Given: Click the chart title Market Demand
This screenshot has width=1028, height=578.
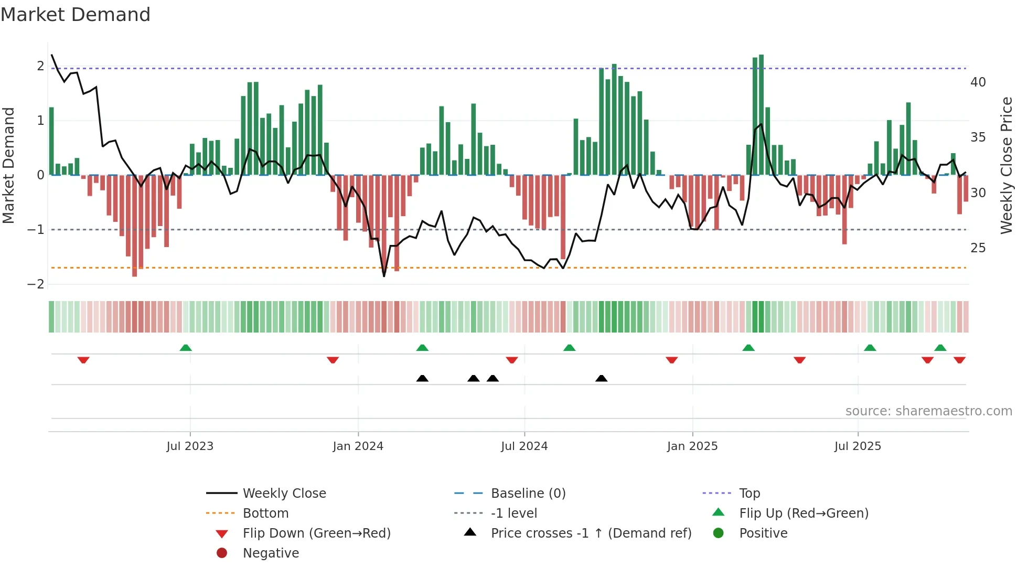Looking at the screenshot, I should (x=76, y=15).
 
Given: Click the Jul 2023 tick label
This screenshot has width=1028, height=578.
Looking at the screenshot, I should (x=190, y=446).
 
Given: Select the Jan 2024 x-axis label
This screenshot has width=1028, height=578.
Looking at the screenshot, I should (x=358, y=446).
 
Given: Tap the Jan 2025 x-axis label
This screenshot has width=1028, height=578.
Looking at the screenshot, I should (x=692, y=446).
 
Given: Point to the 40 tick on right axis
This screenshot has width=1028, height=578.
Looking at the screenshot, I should (x=978, y=82).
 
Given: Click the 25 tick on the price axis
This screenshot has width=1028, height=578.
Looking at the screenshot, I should (x=978, y=248).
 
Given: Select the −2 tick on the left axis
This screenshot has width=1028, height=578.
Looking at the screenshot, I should (x=36, y=284).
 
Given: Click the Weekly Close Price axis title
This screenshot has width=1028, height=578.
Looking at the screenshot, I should (x=1006, y=165).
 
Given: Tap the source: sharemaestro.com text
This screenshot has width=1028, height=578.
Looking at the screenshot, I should (x=928, y=411).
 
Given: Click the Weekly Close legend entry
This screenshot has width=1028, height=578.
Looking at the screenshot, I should (x=284, y=494).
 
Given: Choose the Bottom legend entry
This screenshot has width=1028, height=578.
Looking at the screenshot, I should (x=265, y=513).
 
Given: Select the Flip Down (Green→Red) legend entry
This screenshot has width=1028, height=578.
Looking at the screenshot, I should (x=316, y=533).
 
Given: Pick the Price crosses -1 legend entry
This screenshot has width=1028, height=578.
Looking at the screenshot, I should (x=591, y=533).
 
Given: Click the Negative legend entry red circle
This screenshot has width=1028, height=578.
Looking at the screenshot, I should (x=222, y=553).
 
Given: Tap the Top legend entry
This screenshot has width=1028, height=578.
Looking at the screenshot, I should (x=749, y=494).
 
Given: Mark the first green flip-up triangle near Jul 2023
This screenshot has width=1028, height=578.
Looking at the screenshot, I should (x=186, y=348).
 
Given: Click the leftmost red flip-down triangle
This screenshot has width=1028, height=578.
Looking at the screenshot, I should (x=83, y=360).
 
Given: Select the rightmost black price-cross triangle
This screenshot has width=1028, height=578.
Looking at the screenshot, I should (x=602, y=379).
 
